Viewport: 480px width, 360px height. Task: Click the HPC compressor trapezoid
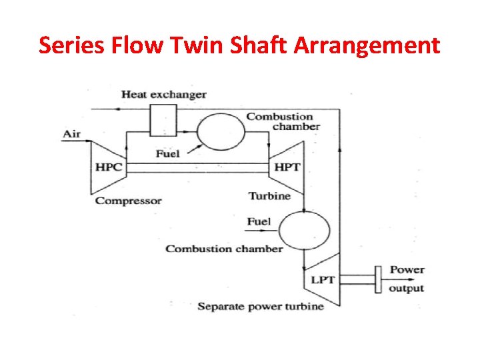click(109, 167)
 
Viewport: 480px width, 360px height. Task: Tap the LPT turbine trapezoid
click(322, 279)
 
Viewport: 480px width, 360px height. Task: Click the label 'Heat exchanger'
click(163, 94)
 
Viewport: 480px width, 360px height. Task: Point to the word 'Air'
click(71, 133)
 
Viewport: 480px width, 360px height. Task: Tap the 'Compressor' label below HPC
click(128, 200)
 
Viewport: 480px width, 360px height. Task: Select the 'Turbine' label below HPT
click(269, 196)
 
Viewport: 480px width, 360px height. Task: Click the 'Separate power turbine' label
click(260, 307)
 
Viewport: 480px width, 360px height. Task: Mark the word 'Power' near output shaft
click(407, 270)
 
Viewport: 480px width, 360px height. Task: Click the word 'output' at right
click(406, 288)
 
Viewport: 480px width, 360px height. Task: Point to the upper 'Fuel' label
click(167, 154)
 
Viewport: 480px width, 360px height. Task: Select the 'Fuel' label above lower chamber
click(259, 221)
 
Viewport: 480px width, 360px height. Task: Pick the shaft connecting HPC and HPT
click(196, 167)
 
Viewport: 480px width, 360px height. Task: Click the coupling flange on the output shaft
click(377, 279)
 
